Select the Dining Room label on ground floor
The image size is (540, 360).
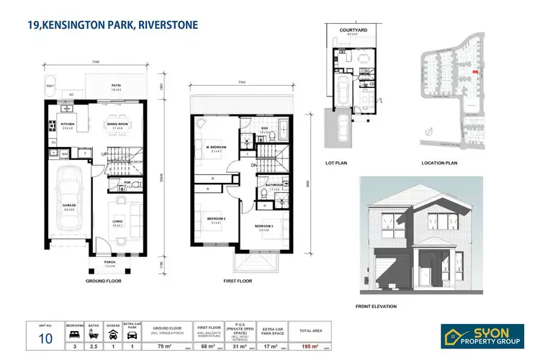coord(117,125)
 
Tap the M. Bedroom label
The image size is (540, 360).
coord(216,148)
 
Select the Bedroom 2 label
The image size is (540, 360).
coord(216,220)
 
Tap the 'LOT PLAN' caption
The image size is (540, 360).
coord(336,163)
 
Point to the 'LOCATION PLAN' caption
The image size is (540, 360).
coord(439,163)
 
